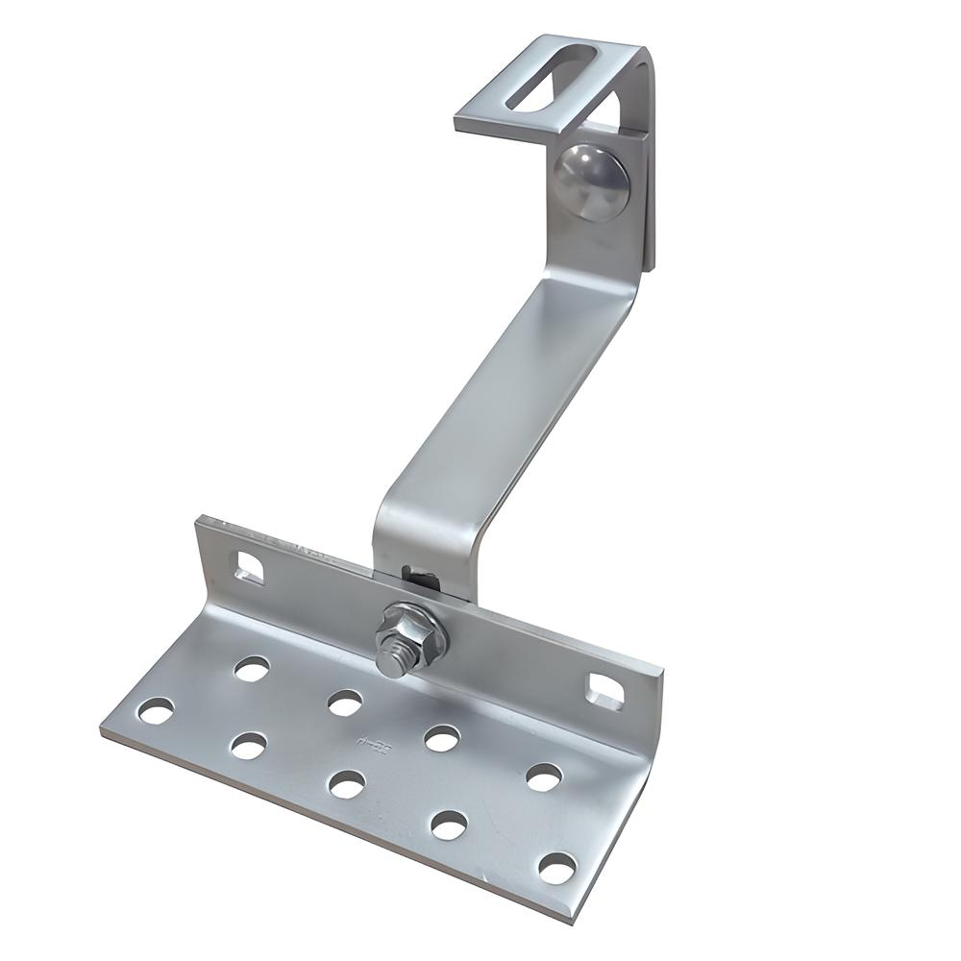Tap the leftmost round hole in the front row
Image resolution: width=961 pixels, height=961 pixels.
point(155,711)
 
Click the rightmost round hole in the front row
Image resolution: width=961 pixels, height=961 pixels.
point(556,868)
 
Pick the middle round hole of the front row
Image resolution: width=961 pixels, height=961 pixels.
point(346,783)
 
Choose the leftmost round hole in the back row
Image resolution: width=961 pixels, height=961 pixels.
point(252,669)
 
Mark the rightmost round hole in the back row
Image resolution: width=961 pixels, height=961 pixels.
point(544,776)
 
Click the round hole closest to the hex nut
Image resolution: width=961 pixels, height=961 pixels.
point(344,702)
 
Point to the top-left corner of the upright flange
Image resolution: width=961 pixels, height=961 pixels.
point(200,521)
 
